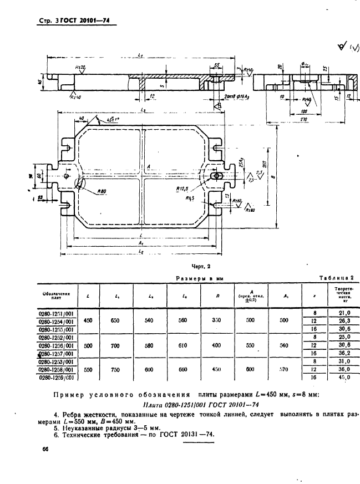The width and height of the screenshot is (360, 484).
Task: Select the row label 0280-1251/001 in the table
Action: click(58, 312)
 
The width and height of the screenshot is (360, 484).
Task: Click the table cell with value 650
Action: click(117, 320)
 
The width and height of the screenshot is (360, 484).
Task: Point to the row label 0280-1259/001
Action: click(58, 378)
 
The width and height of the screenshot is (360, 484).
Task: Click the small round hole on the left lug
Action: click(67, 176)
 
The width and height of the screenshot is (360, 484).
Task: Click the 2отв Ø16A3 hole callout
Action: click(237, 95)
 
